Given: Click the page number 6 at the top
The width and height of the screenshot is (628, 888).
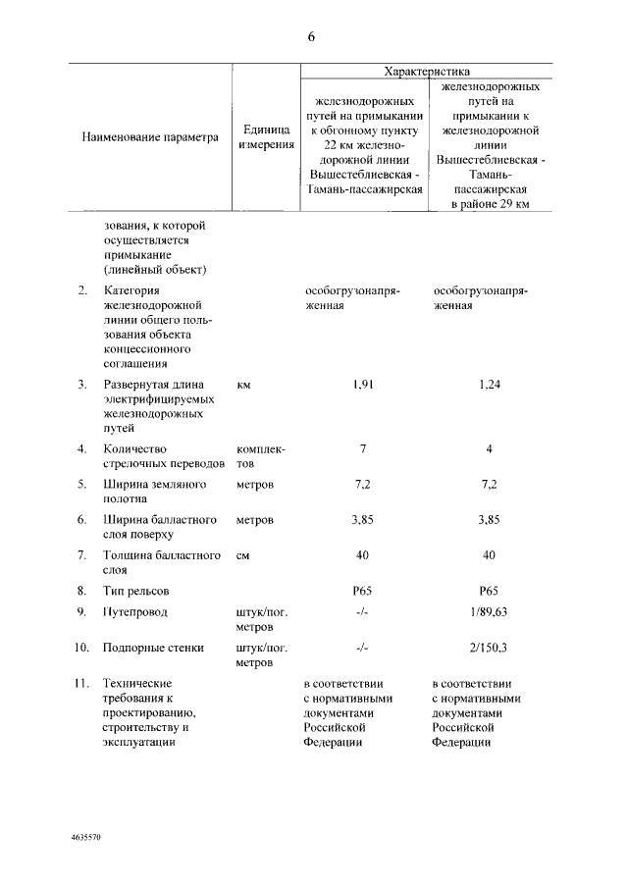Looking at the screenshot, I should [x=311, y=37].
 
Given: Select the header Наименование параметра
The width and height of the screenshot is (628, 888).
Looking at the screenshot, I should [x=149, y=137].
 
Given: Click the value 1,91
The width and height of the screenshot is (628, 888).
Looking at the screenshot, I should [x=362, y=385].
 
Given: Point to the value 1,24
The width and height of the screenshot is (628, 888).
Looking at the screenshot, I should [x=490, y=385].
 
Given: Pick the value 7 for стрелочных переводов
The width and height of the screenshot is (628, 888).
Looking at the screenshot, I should [x=362, y=448].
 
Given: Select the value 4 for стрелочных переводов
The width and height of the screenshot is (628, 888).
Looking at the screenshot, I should [x=490, y=448].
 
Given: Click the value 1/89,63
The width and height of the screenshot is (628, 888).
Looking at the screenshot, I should [x=490, y=612].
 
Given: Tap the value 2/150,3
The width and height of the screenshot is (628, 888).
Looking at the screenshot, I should [x=490, y=648].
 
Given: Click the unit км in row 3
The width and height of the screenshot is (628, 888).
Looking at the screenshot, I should [x=244, y=385].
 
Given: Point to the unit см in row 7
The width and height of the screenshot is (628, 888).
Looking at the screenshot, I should [x=243, y=555].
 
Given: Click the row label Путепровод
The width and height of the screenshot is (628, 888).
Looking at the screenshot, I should [x=134, y=612].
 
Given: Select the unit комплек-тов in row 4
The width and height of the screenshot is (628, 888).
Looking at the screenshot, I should [x=260, y=455].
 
